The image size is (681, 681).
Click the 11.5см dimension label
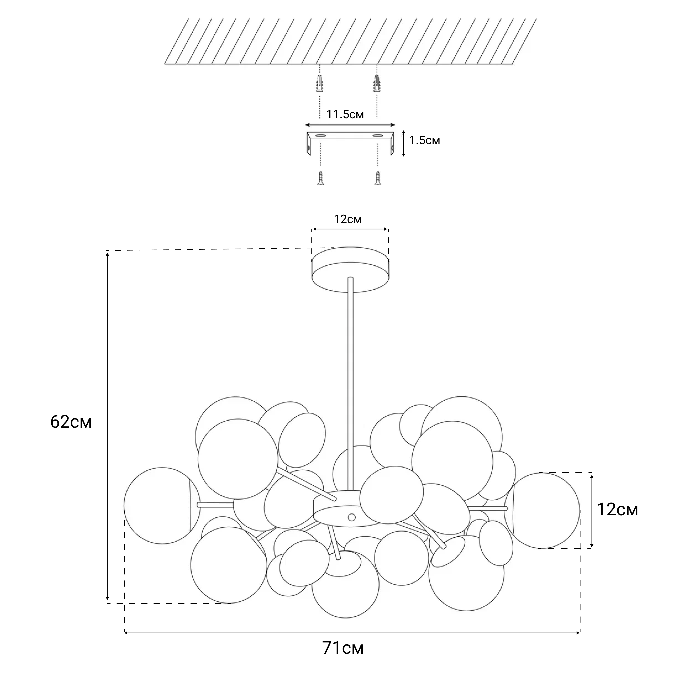click(x=345, y=115)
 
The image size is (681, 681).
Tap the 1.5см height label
click(x=424, y=140)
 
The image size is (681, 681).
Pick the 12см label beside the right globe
click(x=617, y=509)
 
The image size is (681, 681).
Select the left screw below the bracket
click(x=320, y=178)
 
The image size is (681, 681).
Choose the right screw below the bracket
click(x=378, y=178)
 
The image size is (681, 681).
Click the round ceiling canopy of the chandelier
click(x=350, y=270)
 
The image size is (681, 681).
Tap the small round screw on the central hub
click(x=351, y=517)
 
